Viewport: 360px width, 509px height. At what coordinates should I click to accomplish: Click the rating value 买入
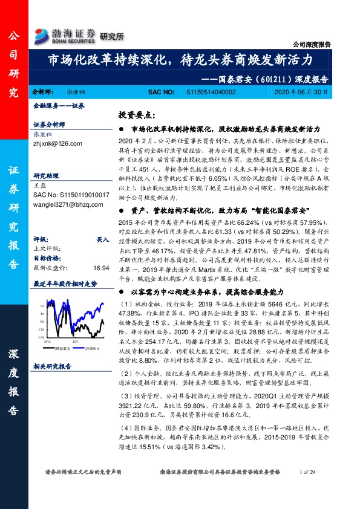pos(103,239)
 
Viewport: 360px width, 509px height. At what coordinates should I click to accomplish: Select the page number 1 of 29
pos(307,488)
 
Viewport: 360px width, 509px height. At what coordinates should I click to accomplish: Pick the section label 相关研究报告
pos(52,366)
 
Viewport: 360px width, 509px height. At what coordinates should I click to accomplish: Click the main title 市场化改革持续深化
pos(180,60)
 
